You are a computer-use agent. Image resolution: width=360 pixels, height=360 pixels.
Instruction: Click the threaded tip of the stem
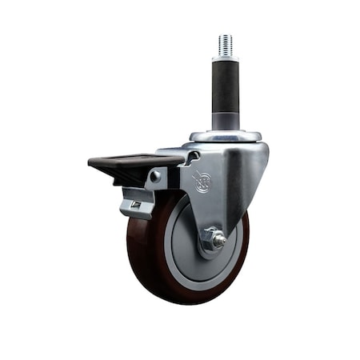coord(225,45)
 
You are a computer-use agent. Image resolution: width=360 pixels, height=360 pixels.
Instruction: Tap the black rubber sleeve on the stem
coord(225,88)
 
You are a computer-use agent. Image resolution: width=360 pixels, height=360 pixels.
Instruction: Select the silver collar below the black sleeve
coord(225,122)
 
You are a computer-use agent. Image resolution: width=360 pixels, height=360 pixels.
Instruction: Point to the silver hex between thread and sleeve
coord(225,58)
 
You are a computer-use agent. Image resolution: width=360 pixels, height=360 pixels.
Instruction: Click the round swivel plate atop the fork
coord(225,136)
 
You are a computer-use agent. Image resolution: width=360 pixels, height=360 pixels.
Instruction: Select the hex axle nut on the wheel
coord(212,238)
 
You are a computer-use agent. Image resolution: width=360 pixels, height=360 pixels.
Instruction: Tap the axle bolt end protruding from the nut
coord(220,238)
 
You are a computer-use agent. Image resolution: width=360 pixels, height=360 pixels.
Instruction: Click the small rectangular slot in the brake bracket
coord(136,206)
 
